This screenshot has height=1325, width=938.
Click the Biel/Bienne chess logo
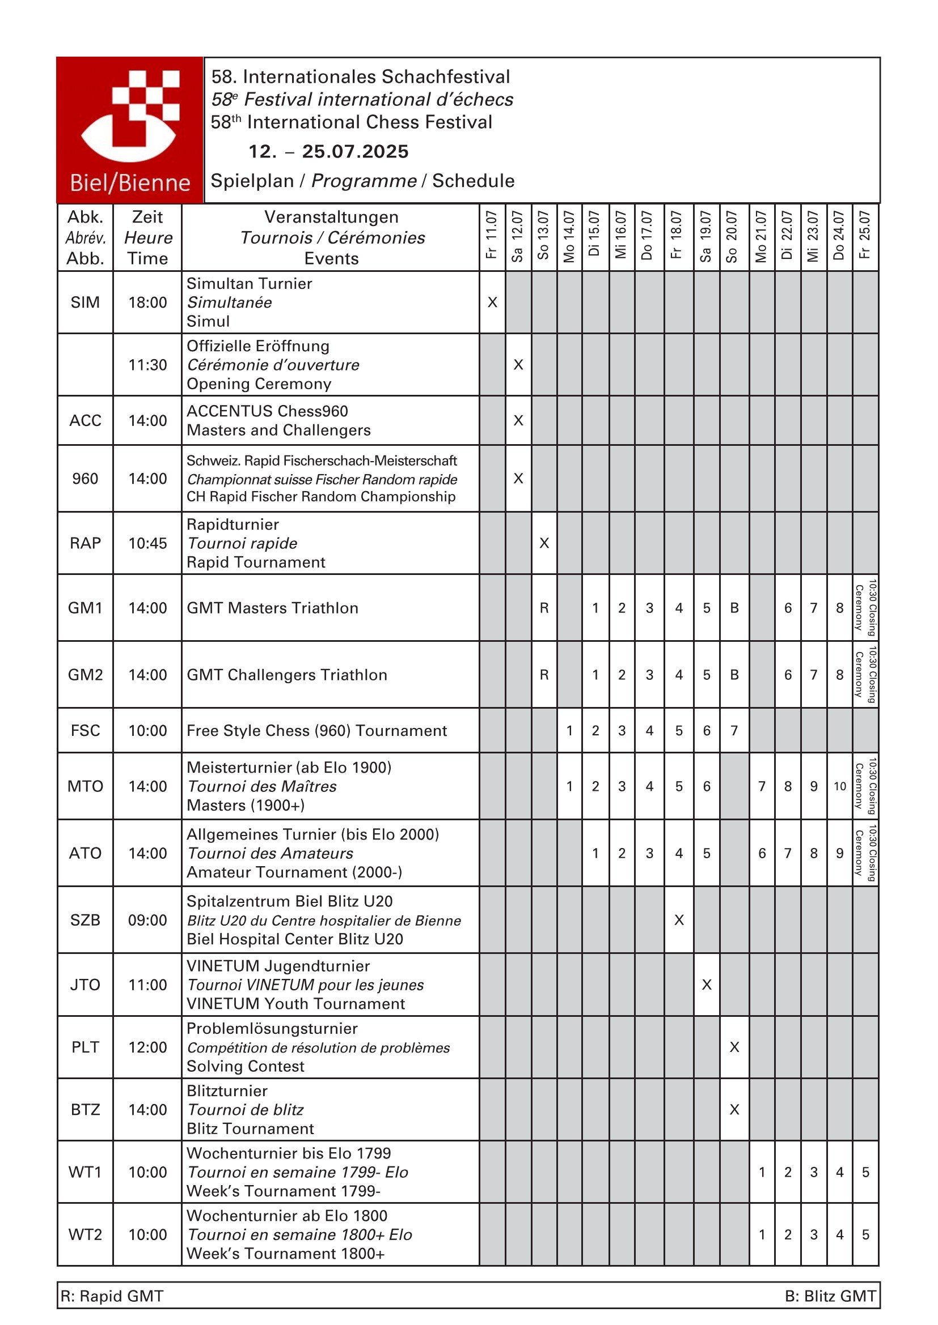(130, 130)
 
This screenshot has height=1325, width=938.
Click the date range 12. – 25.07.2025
(328, 151)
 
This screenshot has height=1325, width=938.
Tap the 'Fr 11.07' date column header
(492, 236)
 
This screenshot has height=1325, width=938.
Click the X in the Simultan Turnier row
(492, 303)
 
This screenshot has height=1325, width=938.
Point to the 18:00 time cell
(147, 303)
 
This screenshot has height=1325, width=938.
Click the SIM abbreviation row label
(85, 303)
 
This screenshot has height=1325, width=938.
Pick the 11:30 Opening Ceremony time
(147, 365)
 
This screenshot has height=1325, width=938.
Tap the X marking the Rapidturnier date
(544, 543)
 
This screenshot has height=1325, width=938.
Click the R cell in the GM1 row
(544, 608)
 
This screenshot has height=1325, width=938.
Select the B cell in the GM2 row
(734, 675)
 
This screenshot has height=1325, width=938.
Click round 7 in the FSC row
(734, 731)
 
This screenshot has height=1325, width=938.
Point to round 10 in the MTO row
(840, 786)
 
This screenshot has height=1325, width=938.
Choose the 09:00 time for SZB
(147, 920)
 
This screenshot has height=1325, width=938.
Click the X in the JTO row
(707, 985)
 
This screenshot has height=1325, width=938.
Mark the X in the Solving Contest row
(734, 1047)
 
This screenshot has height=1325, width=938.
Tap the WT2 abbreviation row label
(85, 1234)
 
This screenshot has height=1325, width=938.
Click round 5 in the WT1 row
(865, 1172)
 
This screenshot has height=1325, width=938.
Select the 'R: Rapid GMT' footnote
(112, 1296)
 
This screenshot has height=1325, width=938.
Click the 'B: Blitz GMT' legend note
(830, 1296)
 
